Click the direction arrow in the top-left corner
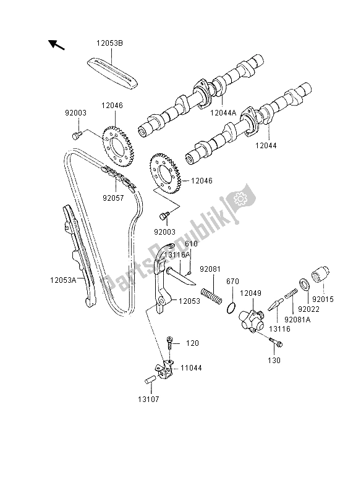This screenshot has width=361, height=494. pos(56,44)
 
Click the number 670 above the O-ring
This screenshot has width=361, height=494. pos(232,281)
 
